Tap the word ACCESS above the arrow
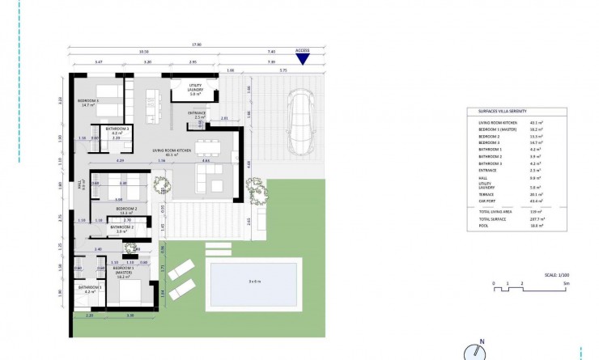303,50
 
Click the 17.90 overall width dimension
196,45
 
